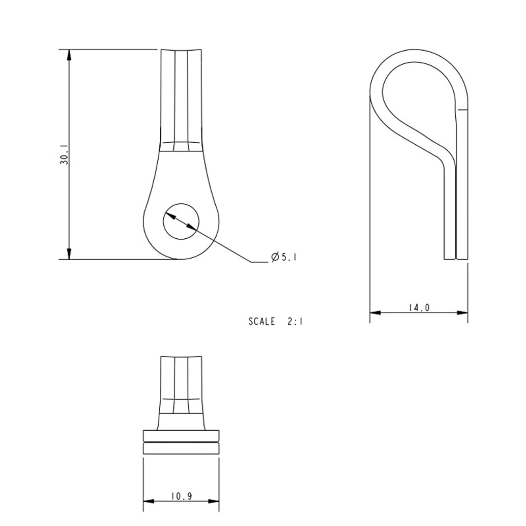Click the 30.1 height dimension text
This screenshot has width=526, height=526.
pos(64,154)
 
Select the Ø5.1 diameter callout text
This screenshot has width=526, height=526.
pos(283,257)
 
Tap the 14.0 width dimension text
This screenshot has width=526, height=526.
pos(419,308)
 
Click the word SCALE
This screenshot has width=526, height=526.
pos(262,321)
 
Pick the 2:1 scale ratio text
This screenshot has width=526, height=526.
pos(295,321)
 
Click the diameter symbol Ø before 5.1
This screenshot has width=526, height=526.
pos(274,257)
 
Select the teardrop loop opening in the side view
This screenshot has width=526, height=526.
pos(416,95)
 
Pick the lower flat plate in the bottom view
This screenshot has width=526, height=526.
pos(181,448)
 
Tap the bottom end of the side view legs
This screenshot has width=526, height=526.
pos(456,257)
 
